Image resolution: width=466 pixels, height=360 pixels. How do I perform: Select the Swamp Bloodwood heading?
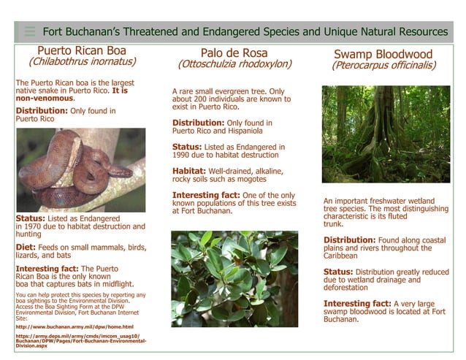pos(383,54)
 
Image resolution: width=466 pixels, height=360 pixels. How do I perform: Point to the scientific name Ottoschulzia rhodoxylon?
pos(234,64)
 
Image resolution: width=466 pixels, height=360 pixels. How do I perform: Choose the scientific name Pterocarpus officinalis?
pos(383,66)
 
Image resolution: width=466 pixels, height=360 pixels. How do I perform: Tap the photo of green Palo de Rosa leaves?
pos(234,278)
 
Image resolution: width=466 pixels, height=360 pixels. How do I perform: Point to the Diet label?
pos(28,248)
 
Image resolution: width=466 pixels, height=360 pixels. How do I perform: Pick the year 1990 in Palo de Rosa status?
pos(184,156)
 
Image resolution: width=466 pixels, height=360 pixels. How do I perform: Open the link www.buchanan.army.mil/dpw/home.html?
pos(74,326)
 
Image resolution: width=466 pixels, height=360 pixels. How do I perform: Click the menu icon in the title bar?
pos(29,31)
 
